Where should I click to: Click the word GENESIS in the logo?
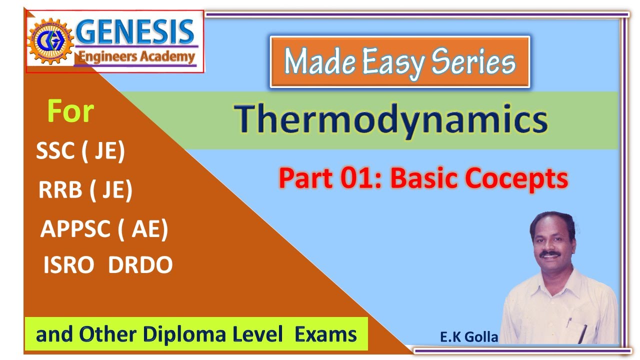tap(135, 32)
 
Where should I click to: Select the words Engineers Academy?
tap(135, 56)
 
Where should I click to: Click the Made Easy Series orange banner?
tap(399, 62)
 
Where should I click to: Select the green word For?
tap(70, 111)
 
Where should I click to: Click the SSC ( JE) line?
tap(80, 151)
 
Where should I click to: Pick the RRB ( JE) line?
tap(85, 190)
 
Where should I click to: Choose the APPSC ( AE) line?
tap(104, 229)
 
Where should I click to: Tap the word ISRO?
tap(68, 265)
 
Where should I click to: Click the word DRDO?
tap(140, 265)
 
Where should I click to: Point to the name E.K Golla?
tap(469, 337)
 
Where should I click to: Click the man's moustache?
tap(551, 253)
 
